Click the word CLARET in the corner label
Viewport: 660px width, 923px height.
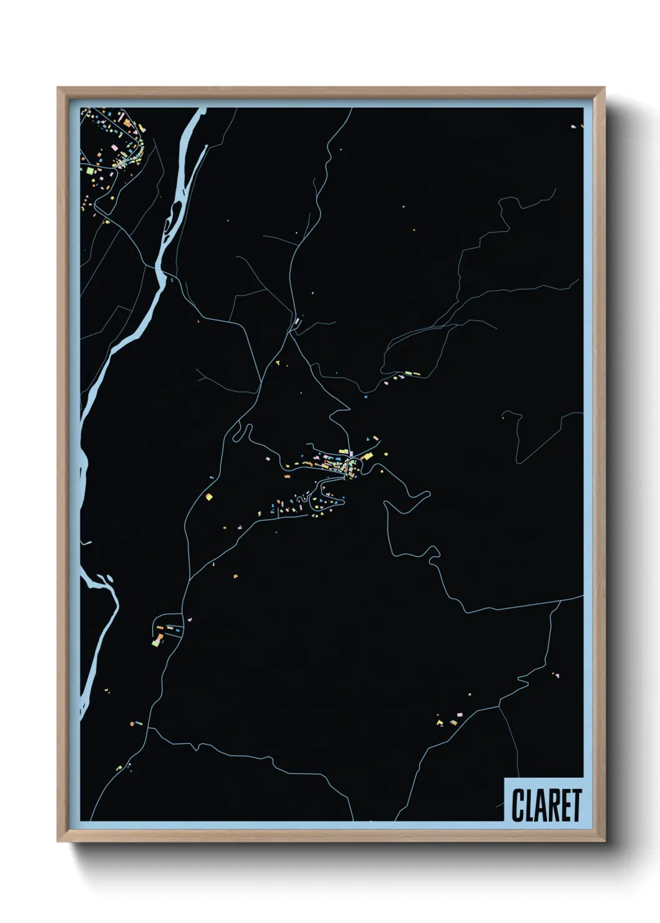pos(547,805)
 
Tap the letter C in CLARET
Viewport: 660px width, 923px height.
pos(518,805)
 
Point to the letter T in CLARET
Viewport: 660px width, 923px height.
pos(576,805)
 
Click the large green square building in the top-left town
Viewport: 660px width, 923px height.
pos(90,170)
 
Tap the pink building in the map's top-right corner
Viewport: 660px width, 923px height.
pos(573,127)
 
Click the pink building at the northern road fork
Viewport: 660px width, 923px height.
pos(298,322)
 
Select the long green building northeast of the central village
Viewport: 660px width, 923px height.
pos(414,374)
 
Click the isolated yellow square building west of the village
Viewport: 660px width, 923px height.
pos(209,497)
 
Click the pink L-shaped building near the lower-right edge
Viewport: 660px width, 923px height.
pos(556,675)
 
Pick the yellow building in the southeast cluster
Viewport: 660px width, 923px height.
pos(440,723)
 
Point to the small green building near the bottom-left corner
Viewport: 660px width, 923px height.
pos(119,768)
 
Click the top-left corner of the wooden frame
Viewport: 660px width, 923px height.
pos(58,88)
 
